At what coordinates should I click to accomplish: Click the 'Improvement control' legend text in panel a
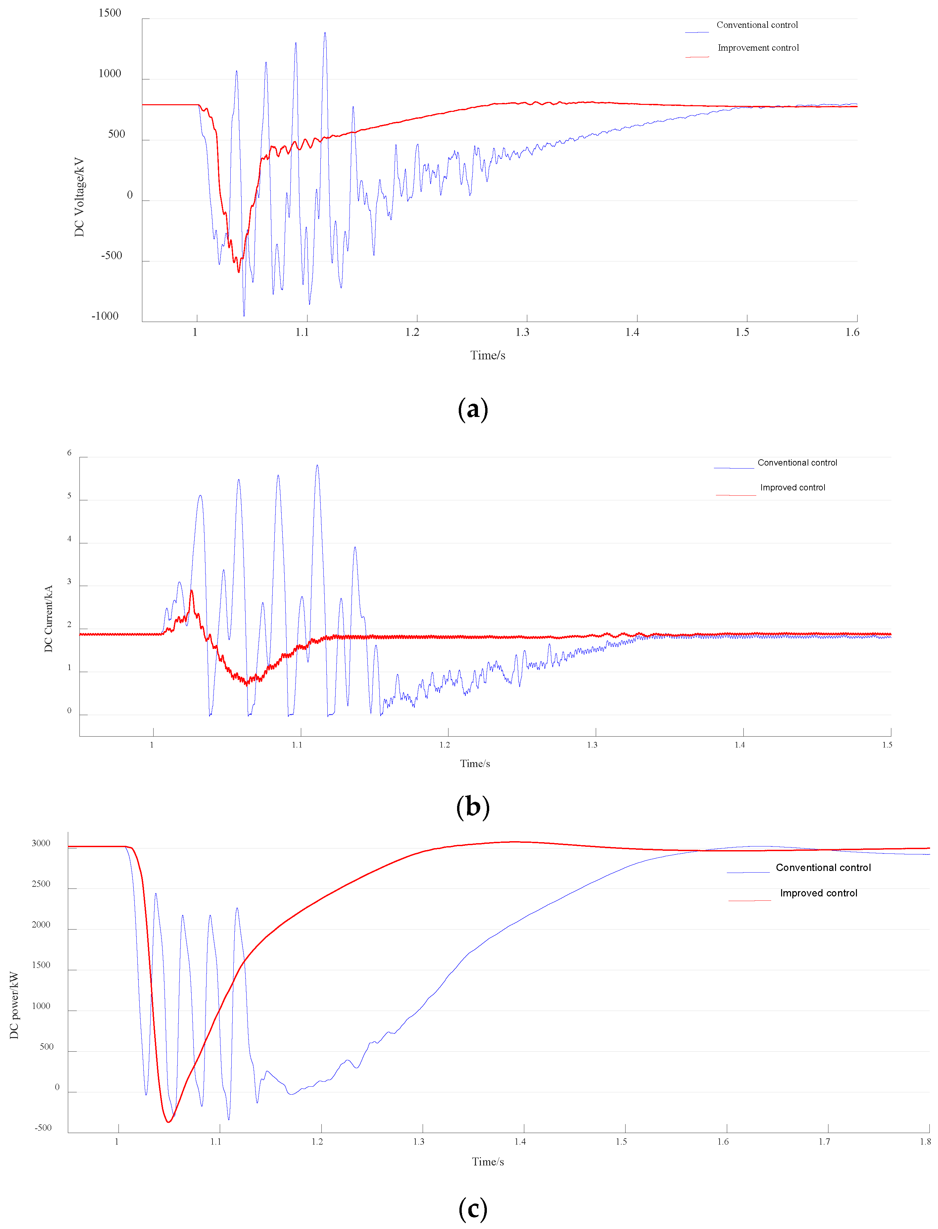(x=758, y=48)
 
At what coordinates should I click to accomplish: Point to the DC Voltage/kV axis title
(x=79, y=197)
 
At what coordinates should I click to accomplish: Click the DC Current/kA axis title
(x=49, y=618)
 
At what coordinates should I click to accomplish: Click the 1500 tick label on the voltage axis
(x=110, y=13)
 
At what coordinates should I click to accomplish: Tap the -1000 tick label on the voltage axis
(x=105, y=316)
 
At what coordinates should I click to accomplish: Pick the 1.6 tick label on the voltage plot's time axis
(x=852, y=332)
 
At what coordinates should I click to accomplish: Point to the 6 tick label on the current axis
(x=69, y=453)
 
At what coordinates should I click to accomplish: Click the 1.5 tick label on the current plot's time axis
(x=887, y=745)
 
